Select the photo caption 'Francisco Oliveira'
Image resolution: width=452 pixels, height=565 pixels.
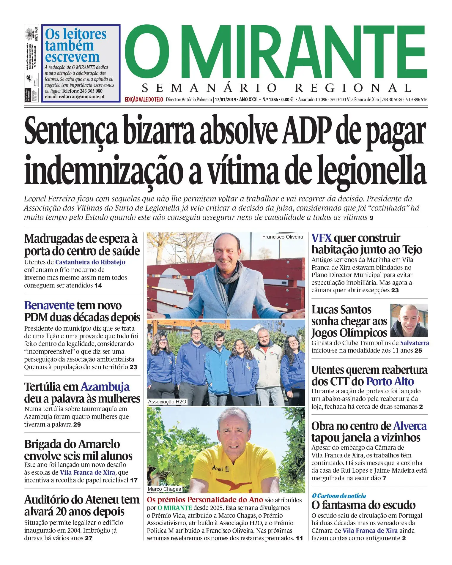[x=282, y=237]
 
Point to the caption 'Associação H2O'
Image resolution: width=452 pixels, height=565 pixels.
[x=167, y=402]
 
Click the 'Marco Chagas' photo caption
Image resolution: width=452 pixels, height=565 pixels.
[x=164, y=489]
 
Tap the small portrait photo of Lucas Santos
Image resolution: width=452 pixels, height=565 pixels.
[x=409, y=321]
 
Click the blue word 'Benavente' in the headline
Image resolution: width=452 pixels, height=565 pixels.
[x=49, y=305]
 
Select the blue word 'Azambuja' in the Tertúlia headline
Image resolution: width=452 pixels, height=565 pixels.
[x=105, y=387]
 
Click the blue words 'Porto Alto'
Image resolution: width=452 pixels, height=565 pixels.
[x=390, y=381]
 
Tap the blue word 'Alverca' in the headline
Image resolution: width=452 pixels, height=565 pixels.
[x=410, y=426]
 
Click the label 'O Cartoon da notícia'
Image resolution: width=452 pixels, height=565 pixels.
[x=339, y=496]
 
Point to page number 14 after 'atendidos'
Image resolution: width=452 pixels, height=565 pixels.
[x=98, y=285]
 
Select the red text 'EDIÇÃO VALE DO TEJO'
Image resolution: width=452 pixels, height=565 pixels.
[x=144, y=100]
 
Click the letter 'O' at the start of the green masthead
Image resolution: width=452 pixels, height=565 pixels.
[x=149, y=52]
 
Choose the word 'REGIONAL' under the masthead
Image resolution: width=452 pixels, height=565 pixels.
[x=353, y=88]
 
